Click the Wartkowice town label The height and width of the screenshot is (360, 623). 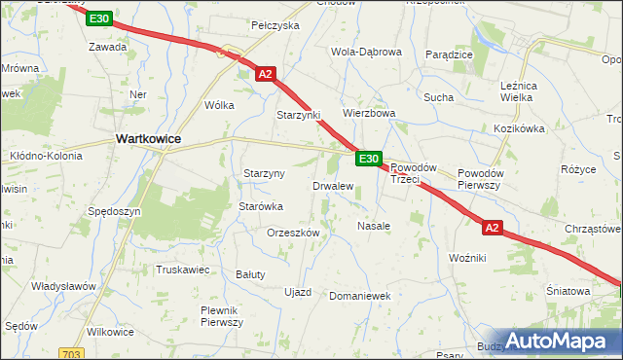(148, 139)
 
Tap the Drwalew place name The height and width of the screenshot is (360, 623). (332, 185)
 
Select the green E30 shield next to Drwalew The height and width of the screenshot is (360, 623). (368, 159)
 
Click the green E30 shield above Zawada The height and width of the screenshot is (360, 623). (98, 18)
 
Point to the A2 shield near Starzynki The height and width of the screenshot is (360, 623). (266, 73)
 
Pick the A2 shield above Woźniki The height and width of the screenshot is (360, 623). (493, 228)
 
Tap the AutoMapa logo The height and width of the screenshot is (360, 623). (557, 341)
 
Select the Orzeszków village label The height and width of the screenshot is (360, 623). (293, 234)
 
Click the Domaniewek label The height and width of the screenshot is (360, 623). (359, 295)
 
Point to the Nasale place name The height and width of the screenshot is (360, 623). (374, 226)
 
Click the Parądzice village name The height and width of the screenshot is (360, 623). (449, 54)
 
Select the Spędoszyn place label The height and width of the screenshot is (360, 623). (115, 211)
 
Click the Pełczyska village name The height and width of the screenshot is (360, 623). (275, 25)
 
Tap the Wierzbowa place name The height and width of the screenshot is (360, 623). (368, 113)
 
